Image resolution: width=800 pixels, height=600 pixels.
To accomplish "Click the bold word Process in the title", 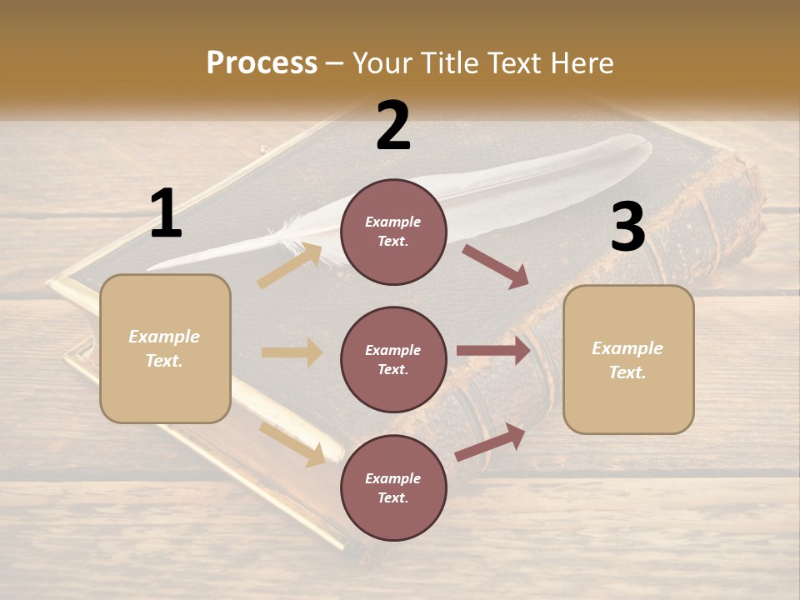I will coord(262,62).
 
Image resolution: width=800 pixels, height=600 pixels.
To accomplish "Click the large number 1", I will coord(166,214).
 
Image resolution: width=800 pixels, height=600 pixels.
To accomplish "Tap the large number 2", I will coord(393,126).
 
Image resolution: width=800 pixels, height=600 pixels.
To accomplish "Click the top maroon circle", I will coord(393,232).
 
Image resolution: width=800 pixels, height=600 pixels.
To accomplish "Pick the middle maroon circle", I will coord(393,360).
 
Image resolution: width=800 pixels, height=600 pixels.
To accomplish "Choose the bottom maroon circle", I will coord(393,488).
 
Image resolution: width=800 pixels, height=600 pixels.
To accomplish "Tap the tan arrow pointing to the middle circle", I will coord(292,352).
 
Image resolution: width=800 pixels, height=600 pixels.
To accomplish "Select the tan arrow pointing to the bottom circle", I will coord(292,443).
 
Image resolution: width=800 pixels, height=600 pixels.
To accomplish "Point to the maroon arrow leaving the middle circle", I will coord(493,350).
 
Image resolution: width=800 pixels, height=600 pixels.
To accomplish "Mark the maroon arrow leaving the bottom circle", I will coord(490,442).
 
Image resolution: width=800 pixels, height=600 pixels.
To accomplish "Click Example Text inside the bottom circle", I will coord(393,488).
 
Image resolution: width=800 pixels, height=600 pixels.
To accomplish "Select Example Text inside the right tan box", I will coord(627,360).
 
